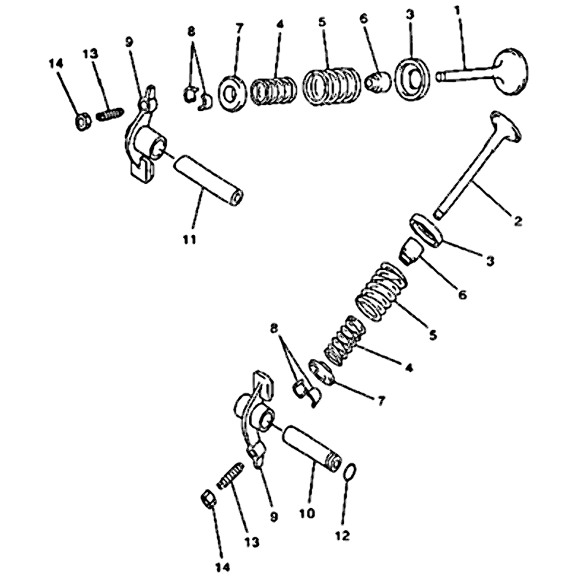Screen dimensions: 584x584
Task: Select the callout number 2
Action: pos(518,221)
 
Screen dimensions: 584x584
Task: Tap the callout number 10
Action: pos(307,513)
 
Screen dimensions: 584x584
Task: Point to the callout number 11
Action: pos(189,239)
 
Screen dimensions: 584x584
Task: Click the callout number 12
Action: pos(343,536)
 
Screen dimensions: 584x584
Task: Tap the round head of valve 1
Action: pos(510,71)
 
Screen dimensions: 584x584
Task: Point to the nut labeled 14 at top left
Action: pos(83,121)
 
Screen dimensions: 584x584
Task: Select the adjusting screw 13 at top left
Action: pos(109,114)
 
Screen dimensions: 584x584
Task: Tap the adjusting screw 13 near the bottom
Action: pos(231,476)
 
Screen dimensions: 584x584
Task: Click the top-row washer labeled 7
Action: pos(232,93)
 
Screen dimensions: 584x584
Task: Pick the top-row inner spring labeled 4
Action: pos(274,91)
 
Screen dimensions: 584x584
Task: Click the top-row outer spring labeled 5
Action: pos(331,86)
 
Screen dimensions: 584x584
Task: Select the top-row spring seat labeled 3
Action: pos(412,78)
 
